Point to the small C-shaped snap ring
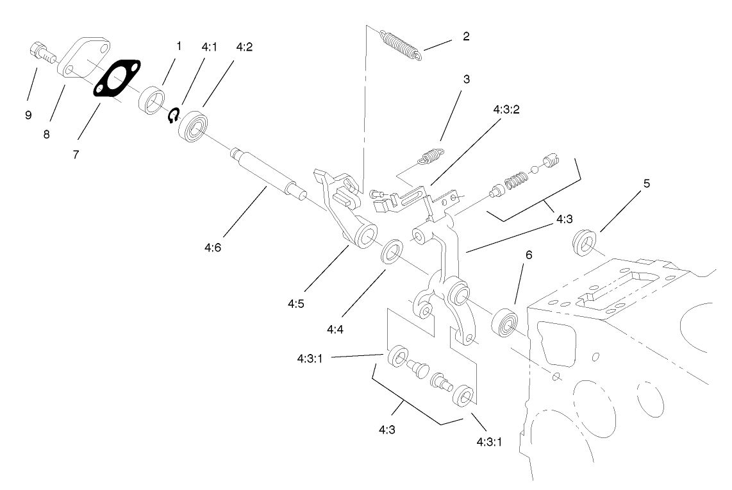coord(173,115)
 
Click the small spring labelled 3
coord(431,156)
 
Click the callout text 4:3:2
coord(506,110)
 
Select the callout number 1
coord(179,46)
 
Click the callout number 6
coord(528,255)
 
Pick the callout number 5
coord(646,183)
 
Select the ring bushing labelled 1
coord(154,102)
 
